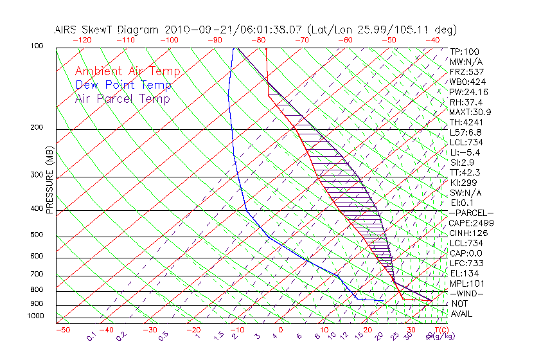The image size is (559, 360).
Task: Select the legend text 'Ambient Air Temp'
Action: coord(127,71)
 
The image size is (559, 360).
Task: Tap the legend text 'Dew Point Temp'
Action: coord(123,85)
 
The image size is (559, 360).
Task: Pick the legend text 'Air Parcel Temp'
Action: coord(122,98)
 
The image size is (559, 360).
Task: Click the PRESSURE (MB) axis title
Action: coord(49,180)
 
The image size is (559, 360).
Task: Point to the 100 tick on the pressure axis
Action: coord(37,46)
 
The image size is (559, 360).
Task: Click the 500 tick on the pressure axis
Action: coord(37,235)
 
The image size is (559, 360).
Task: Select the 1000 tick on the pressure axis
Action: coord(35,316)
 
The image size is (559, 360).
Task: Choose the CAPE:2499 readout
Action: coord(470,223)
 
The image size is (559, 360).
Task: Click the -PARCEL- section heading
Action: coord(471,213)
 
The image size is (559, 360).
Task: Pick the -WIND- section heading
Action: coord(468,293)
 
